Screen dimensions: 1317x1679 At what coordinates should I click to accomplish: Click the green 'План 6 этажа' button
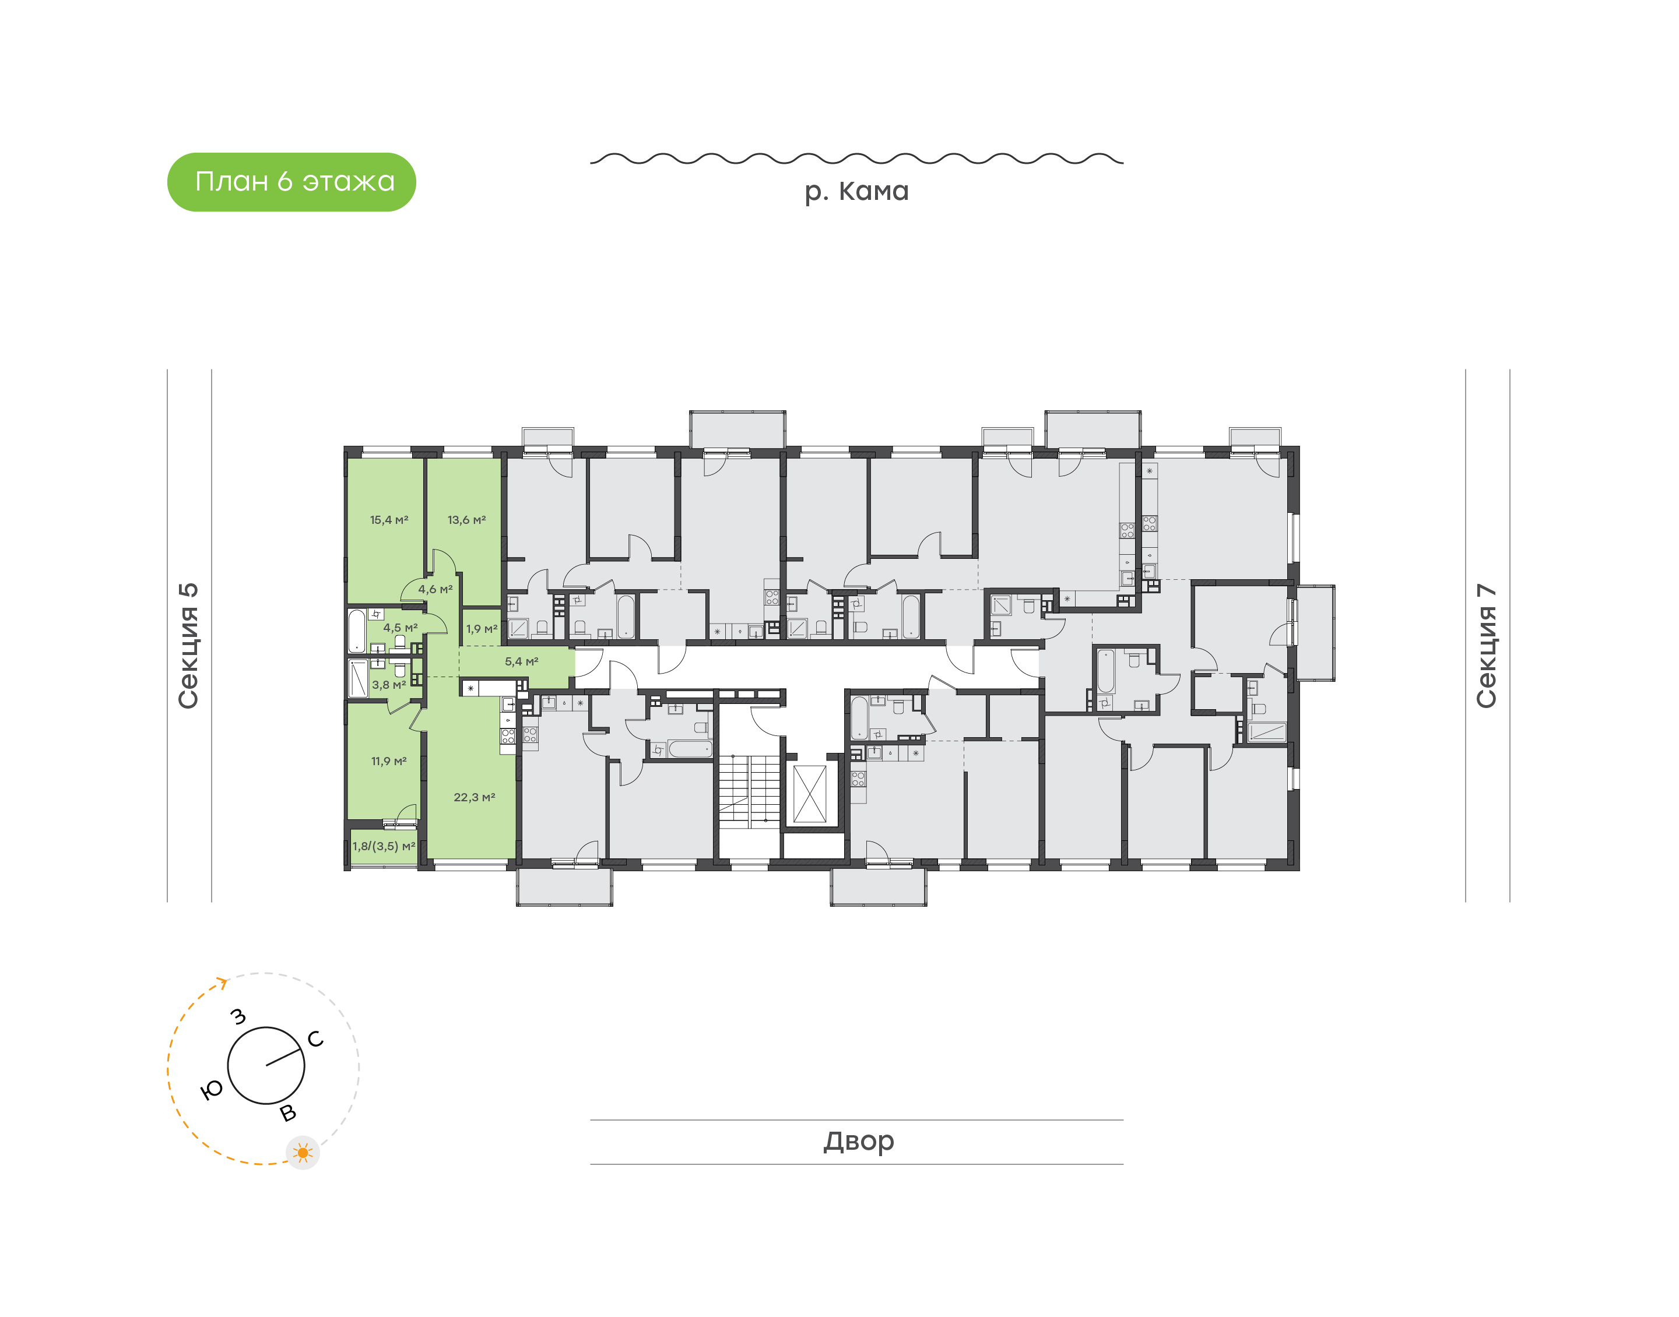[291, 182]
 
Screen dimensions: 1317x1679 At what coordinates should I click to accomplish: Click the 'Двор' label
[858, 1140]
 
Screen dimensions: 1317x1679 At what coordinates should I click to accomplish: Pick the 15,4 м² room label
[389, 520]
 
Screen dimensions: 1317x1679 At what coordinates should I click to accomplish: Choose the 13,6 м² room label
[466, 520]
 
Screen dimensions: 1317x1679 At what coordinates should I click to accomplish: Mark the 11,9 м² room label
[389, 761]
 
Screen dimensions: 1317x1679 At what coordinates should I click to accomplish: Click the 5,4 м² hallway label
[521, 661]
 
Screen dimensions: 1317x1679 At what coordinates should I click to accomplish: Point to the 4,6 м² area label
[435, 589]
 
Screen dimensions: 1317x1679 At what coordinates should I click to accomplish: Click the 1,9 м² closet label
[482, 629]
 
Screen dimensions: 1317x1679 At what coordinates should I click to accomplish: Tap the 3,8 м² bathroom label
[389, 685]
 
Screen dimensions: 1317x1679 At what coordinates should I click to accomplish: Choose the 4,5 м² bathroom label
[401, 628]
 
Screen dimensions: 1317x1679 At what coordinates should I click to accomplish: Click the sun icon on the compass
[303, 1153]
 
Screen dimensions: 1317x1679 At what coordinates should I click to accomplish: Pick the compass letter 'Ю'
[210, 1090]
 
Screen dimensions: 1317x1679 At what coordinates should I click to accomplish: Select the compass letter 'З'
[239, 1016]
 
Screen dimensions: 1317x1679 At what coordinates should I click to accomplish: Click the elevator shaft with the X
[810, 794]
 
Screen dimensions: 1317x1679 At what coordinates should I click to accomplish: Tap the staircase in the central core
[748, 790]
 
